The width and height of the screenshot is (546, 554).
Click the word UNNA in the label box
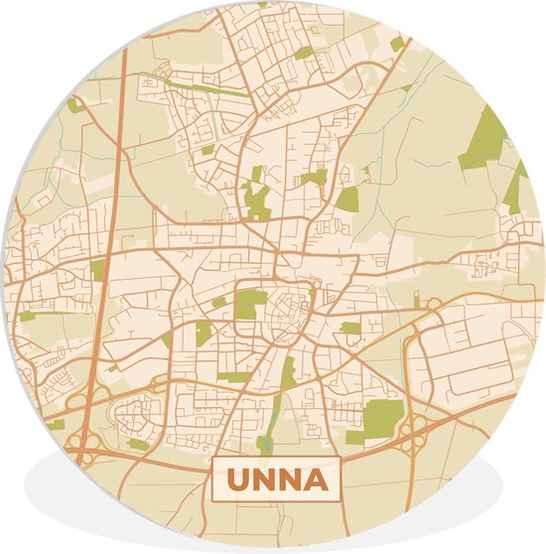pos(276,481)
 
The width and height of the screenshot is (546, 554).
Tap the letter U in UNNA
pos(238,481)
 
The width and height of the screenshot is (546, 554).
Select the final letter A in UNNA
pos(314,481)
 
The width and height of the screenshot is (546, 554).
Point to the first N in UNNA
pos(263,481)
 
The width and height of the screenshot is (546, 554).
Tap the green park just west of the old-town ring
pos(249,303)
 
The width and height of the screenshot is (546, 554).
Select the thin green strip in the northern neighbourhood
pos(213,89)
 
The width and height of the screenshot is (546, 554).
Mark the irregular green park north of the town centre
pos(256,199)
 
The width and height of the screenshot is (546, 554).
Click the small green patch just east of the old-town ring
pos(350,328)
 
